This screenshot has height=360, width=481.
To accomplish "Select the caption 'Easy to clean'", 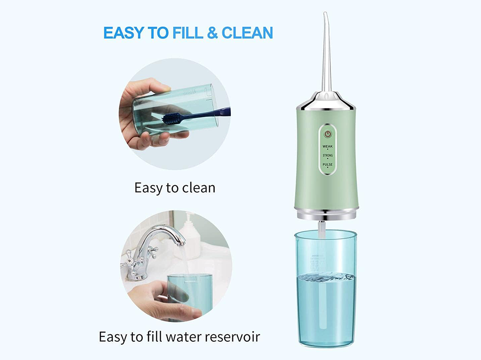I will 175,187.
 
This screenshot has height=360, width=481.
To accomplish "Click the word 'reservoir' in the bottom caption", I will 229,336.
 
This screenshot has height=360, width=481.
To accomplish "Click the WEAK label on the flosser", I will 328,146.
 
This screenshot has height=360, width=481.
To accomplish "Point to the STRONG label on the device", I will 328,155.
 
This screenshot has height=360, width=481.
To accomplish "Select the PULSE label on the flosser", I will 328,165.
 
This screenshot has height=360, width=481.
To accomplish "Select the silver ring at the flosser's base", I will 327,213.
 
